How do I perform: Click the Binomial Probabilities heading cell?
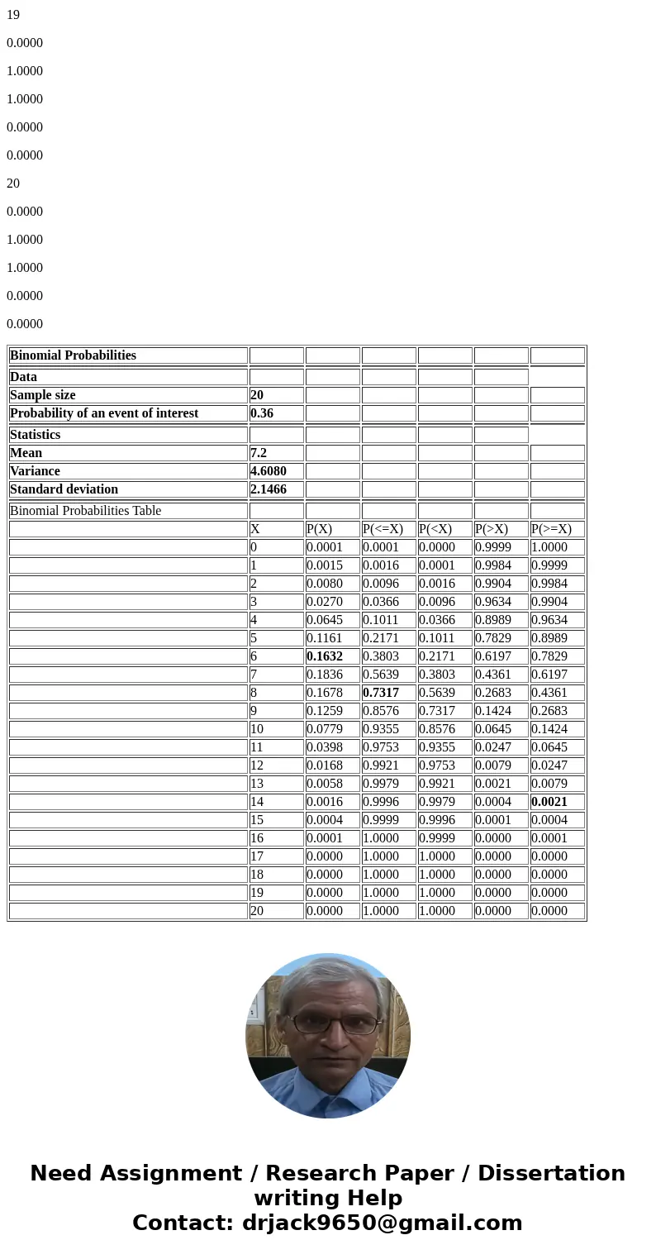coord(73,355)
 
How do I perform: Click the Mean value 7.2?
coord(259,453)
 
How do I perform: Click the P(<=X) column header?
coord(383,529)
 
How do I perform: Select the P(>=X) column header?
coord(551,529)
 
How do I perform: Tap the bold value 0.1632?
coord(325,656)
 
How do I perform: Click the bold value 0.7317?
coord(381,693)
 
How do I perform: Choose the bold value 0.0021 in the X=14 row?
coord(549,802)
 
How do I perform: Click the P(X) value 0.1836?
coord(325,675)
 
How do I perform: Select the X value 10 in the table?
coord(257,729)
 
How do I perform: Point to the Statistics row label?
coord(35,435)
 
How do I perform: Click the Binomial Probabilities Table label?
coord(85,511)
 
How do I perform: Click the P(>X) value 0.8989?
coord(493,620)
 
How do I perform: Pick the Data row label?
coord(23,377)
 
